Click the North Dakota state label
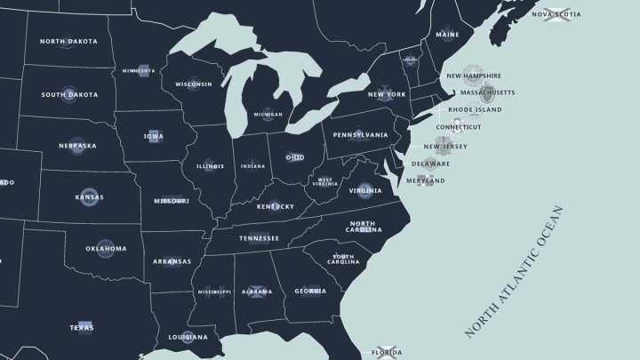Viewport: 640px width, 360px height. pos(68,42)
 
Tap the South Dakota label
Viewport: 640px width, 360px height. pos(69,94)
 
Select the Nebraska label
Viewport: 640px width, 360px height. pos(77,146)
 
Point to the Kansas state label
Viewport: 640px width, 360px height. pos(89,197)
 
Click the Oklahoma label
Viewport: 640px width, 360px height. pos(106,249)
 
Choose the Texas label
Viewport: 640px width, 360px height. pos(82,328)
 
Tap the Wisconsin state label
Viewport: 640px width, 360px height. pos(194,84)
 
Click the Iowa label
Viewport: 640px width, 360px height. pos(153,136)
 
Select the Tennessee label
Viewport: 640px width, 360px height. pos(259,238)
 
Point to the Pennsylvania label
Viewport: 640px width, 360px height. pos(360,135)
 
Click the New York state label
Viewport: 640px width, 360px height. pos(387,94)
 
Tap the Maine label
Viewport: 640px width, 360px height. pos(448,35)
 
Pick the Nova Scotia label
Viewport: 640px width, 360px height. pos(556,14)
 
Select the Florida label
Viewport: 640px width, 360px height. pos(387,353)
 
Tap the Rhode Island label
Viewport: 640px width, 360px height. pos(475,110)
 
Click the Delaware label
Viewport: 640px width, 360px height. pos(431,164)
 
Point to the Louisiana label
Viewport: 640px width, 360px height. pos(188,338)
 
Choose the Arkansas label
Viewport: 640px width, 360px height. pos(172,261)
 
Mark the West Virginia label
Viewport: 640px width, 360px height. pos(326,182)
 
